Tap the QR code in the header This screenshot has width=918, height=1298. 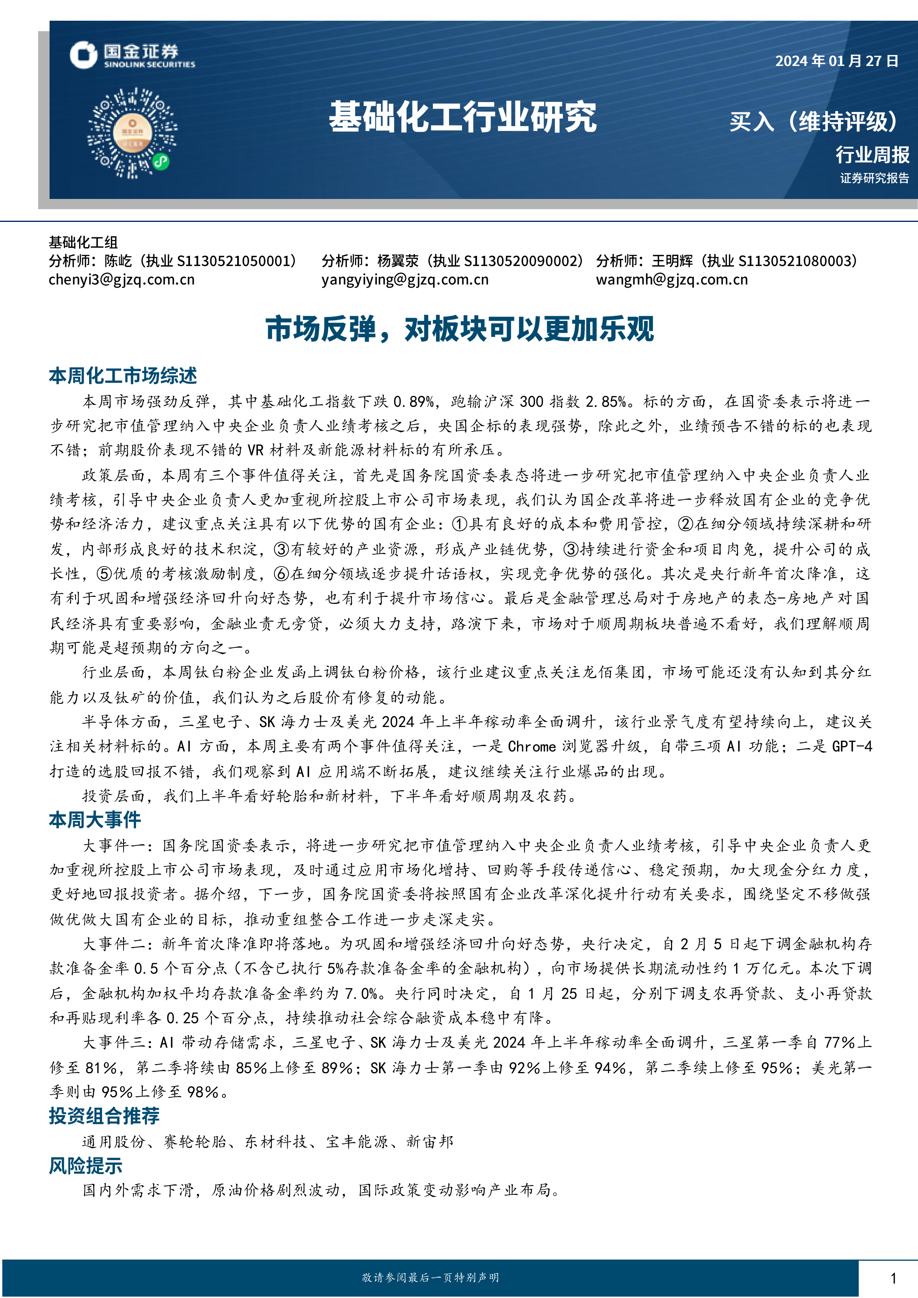[132, 133]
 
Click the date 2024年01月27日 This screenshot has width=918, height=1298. [837, 61]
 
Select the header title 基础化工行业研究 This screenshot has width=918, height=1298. [462, 118]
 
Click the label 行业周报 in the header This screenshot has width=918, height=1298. [872, 154]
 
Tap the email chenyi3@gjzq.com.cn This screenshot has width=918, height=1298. [122, 280]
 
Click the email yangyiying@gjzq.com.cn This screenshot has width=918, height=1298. [405, 280]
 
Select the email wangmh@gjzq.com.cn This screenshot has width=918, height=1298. [672, 280]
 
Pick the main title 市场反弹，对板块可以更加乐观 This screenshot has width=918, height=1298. [460, 329]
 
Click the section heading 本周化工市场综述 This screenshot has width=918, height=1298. [123, 376]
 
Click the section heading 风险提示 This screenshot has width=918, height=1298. [85, 1166]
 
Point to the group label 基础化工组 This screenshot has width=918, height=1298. [83, 243]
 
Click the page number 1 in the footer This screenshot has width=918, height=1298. [893, 1278]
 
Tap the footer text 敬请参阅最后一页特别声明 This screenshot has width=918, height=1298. [431, 1278]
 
